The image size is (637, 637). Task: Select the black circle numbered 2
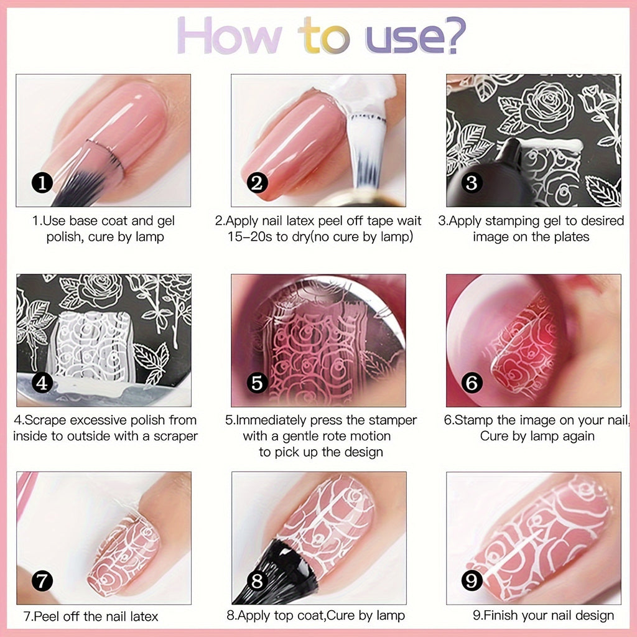click(257, 183)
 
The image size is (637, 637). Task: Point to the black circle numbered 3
click(472, 183)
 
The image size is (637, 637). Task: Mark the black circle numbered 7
click(42, 581)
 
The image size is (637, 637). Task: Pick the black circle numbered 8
click(257, 581)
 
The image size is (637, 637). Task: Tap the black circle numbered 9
click(472, 581)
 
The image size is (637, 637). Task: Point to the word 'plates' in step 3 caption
click(570, 237)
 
